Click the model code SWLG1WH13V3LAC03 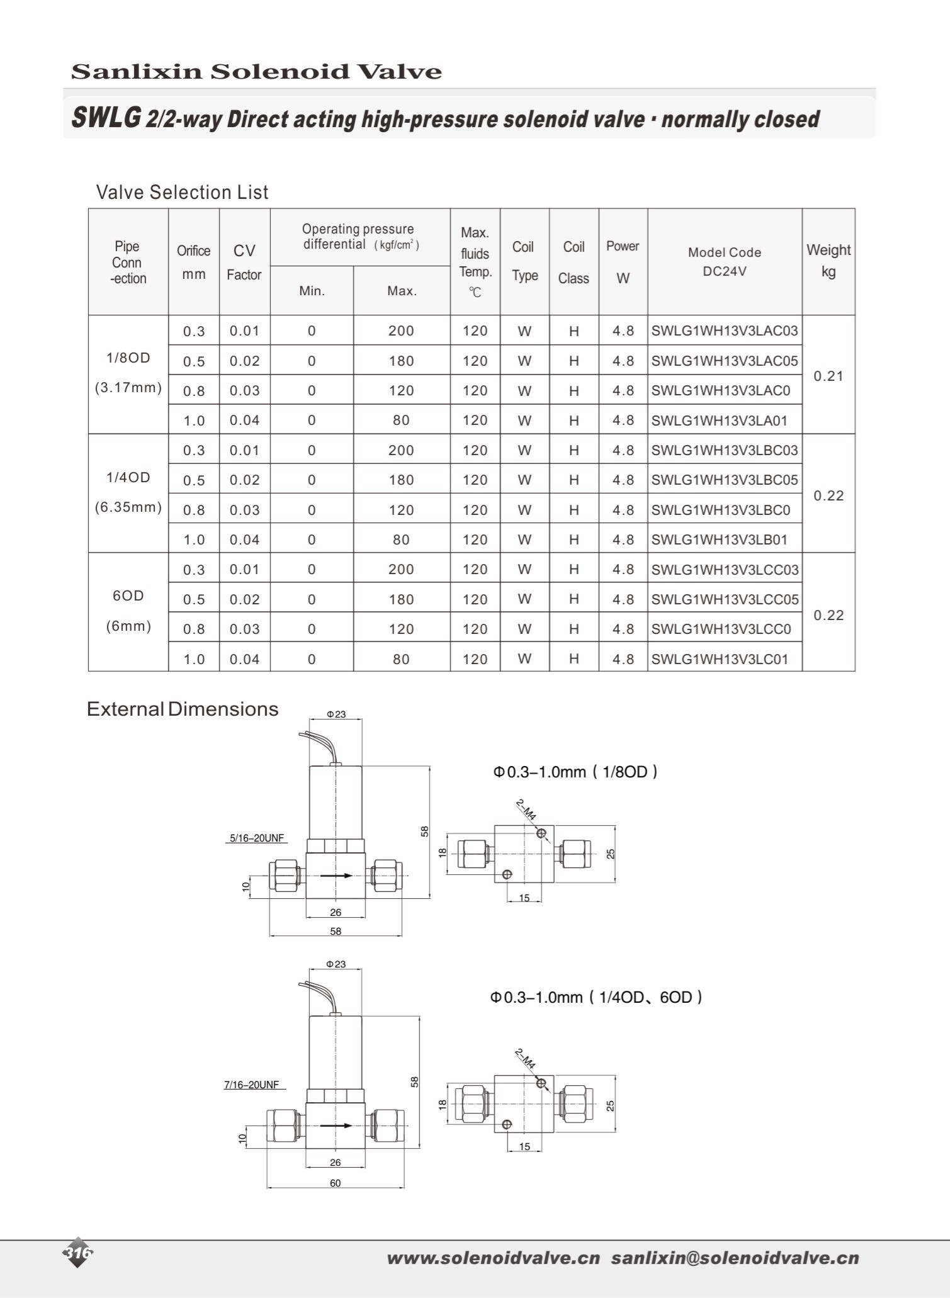tap(724, 330)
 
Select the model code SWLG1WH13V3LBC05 tap(724, 480)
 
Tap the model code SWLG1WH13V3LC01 tap(719, 659)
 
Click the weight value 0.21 tap(828, 376)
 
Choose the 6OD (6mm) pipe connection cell tap(128, 611)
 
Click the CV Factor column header tap(244, 262)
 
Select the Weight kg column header tap(828, 261)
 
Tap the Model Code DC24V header tap(724, 261)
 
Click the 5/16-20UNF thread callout tap(257, 838)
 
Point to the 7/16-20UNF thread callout tap(252, 1085)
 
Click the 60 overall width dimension tap(335, 1183)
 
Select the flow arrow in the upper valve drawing tap(336, 876)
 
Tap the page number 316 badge tap(78, 1253)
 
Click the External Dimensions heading tap(183, 709)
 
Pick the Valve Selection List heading tap(182, 192)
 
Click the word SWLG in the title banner tap(106, 118)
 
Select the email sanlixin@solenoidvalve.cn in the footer tap(735, 1258)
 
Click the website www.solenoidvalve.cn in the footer tap(494, 1258)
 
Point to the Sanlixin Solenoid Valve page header tap(256, 71)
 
